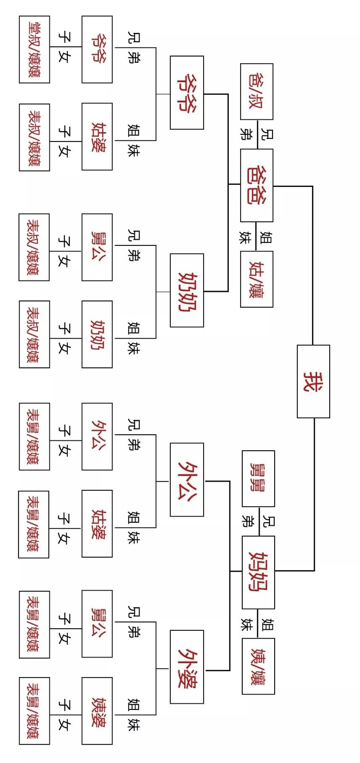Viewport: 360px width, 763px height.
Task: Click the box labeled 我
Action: (x=313, y=381)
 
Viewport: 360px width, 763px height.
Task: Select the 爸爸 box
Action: (x=257, y=185)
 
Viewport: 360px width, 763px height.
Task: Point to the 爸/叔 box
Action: (x=257, y=92)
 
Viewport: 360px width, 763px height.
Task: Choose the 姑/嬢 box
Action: (x=257, y=279)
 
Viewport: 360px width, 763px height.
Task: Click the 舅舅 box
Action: (x=258, y=478)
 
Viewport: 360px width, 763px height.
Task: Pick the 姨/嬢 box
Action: (x=258, y=666)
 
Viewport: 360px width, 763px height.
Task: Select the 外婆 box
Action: (x=187, y=667)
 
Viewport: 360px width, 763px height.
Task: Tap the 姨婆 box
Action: (x=97, y=711)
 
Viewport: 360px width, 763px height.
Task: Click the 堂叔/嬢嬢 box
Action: (x=34, y=49)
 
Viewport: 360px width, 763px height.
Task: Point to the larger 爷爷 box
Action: (x=187, y=93)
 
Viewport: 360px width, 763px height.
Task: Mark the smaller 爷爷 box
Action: (x=97, y=49)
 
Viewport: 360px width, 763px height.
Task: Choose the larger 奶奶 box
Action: (x=187, y=290)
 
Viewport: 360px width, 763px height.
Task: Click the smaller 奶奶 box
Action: (x=97, y=334)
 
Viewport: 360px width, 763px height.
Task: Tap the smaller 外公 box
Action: (x=97, y=436)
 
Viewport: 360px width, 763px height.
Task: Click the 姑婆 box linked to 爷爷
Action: (x=97, y=136)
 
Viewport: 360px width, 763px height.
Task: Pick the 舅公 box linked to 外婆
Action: (x=97, y=624)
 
